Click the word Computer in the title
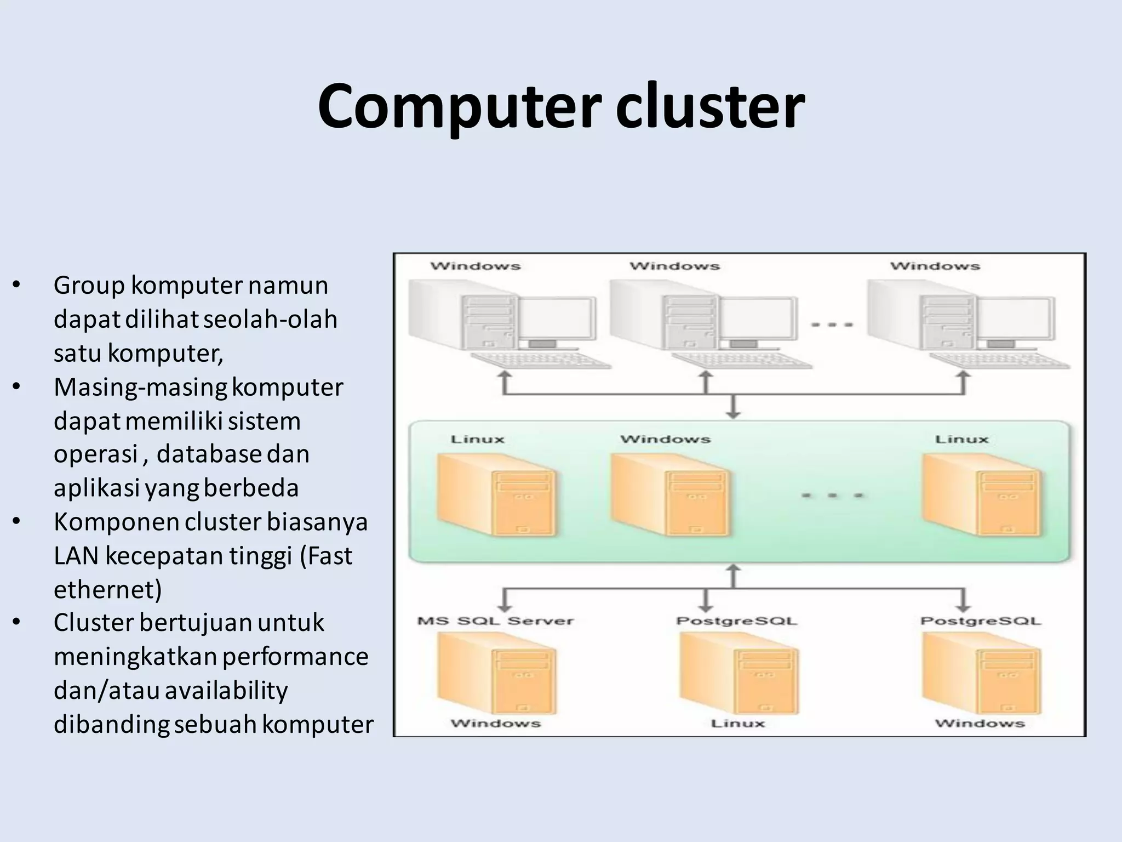pos(459,107)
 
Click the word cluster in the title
pos(710,107)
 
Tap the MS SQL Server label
pos(495,621)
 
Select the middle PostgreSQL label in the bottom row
pos(737,621)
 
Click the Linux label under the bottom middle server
pos(737,724)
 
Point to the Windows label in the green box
pos(665,439)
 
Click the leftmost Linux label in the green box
pos(477,439)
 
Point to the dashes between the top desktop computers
pos(832,325)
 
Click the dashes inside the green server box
pos(832,496)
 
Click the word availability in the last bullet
pos(226,691)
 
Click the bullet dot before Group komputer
pos(16,285)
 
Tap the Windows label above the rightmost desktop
pos(935,266)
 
